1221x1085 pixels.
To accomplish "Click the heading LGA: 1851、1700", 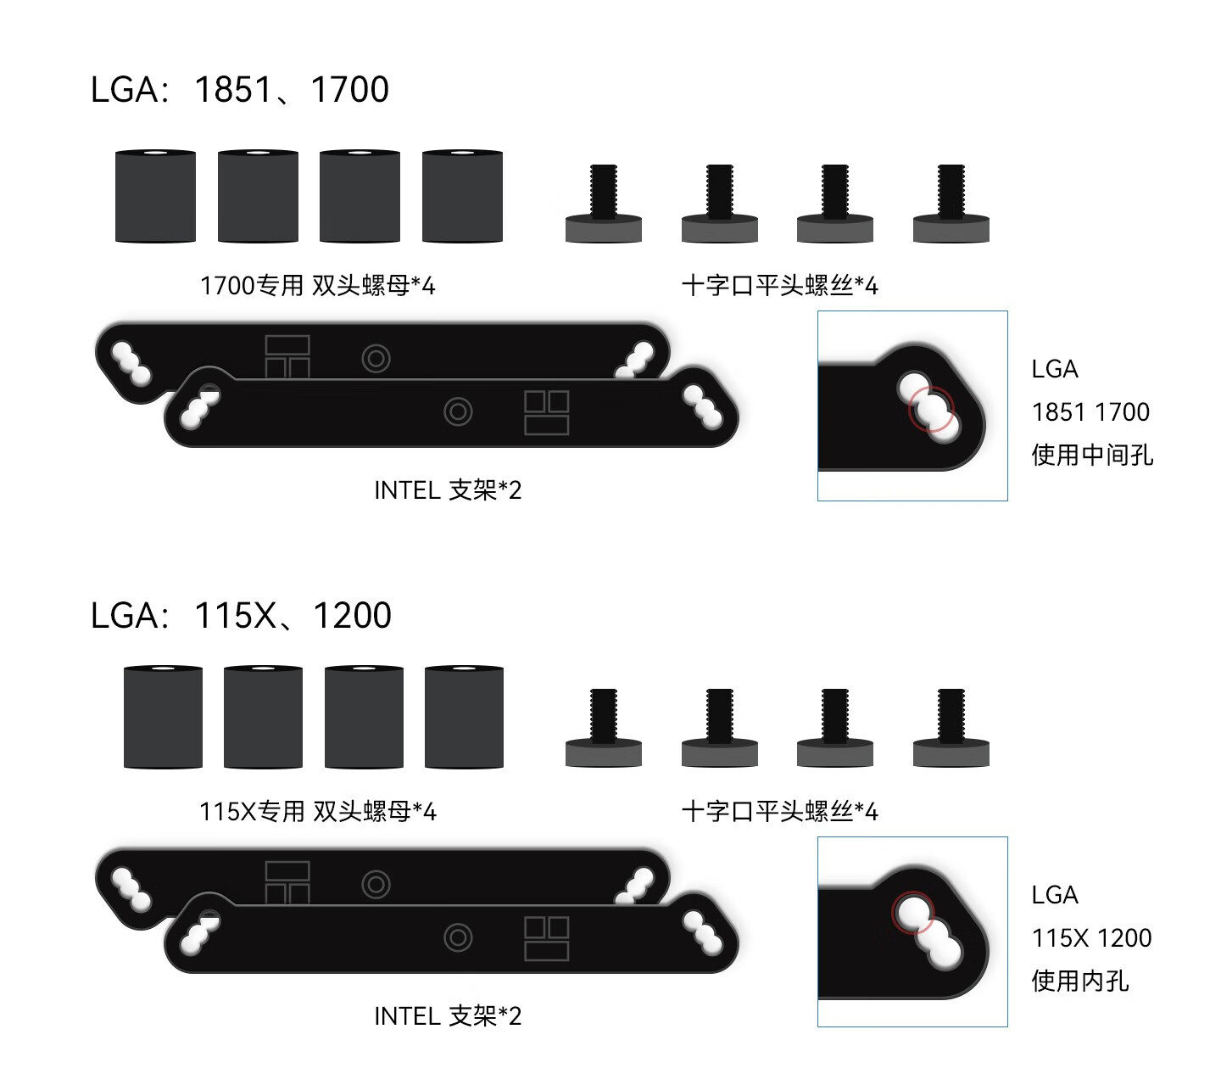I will click(239, 90).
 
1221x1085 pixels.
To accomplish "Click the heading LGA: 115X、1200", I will click(241, 616).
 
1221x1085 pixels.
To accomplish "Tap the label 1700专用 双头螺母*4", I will click(317, 286).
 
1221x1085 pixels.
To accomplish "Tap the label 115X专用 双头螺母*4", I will click(317, 812).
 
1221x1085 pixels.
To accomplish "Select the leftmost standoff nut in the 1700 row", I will click(155, 196).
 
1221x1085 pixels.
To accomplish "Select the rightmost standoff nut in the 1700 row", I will click(462, 196).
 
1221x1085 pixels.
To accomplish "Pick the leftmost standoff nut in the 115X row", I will click(163, 717).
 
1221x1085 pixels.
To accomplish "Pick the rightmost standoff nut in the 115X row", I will click(464, 717).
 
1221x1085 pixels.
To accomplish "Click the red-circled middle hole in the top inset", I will click(931, 410).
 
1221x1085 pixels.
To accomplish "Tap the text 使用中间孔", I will click(1092, 455).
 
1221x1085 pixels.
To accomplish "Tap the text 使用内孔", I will click(1079, 981).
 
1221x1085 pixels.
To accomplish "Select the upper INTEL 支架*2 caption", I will click(448, 490).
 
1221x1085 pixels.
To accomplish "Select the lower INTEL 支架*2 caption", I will click(448, 1016).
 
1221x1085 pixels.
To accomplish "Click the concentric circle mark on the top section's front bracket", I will click(458, 412).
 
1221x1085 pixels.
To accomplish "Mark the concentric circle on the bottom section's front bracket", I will click(458, 938).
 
